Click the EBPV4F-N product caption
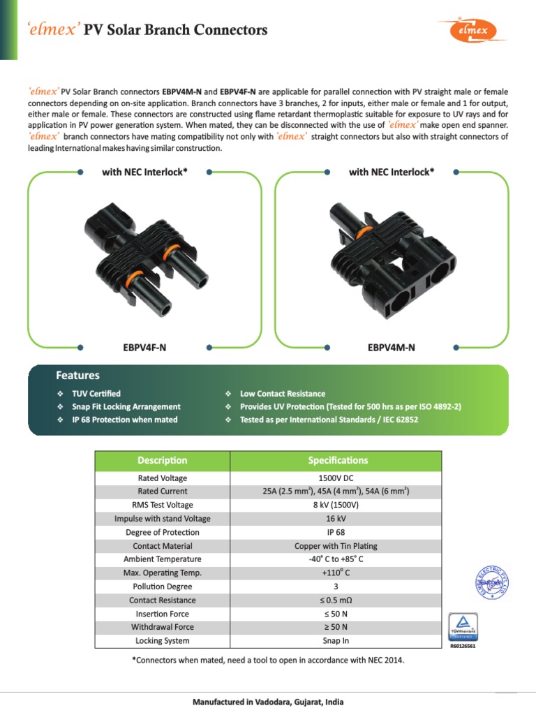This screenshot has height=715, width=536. coord(144,347)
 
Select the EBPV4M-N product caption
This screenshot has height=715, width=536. coord(391,347)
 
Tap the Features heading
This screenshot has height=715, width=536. coord(77,376)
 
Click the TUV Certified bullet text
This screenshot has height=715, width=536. coord(96,394)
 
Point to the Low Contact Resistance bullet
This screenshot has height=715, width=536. coord(282,394)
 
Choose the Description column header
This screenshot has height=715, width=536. coord(163,460)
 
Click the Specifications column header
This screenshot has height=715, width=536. coord(338,460)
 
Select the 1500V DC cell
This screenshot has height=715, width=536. coord(336,478)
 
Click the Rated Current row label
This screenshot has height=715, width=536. coord(163,492)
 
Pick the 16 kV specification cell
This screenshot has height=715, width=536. coord(336,519)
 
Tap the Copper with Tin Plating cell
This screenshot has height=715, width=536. coord(336,546)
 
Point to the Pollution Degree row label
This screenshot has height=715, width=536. coord(163,587)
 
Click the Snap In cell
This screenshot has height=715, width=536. coord(336,641)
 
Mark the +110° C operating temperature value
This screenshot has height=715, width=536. coord(336,573)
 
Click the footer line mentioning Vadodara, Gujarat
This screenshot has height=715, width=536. coord(268,702)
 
